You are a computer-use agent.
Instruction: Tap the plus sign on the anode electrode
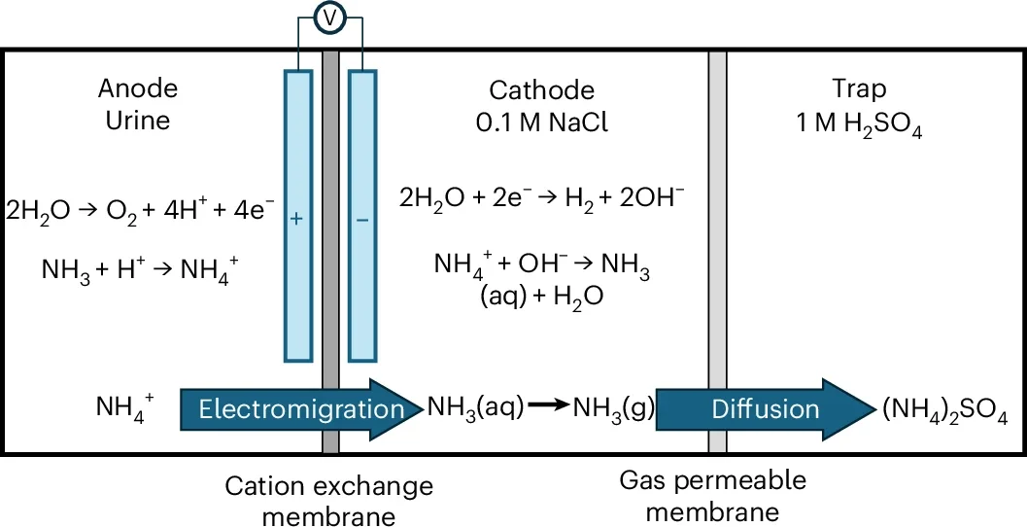click(x=297, y=221)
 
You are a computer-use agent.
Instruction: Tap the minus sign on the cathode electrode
click(x=361, y=221)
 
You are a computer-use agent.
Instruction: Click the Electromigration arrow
click(x=291, y=409)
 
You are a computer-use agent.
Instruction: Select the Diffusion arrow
click(x=768, y=409)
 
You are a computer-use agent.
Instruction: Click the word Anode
click(x=138, y=88)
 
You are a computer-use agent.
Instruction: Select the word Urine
click(x=138, y=121)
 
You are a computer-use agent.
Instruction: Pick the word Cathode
click(x=541, y=90)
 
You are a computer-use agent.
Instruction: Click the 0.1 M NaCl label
click(x=541, y=123)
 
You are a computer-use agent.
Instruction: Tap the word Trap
click(x=859, y=89)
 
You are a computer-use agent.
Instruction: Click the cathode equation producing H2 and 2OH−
click(x=541, y=199)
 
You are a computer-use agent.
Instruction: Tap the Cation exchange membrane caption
click(x=328, y=499)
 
